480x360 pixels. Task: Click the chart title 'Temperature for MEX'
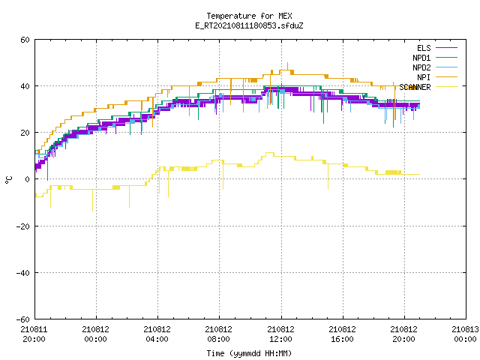(249, 16)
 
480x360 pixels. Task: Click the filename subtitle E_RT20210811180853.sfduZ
(249, 25)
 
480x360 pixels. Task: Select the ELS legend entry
(424, 48)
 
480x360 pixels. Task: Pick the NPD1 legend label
(421, 58)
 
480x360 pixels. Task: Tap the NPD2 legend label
(421, 67)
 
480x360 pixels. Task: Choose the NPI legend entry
(424, 77)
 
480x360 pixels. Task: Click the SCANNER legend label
(415, 87)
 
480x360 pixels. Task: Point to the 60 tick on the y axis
(25, 40)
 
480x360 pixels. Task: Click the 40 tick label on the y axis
(25, 86)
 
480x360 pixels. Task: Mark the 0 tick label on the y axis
(28, 179)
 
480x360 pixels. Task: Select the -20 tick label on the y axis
(23, 226)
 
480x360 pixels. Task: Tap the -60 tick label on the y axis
(23, 319)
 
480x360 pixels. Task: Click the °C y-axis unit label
(8, 180)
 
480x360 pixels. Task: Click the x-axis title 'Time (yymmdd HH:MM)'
(249, 353)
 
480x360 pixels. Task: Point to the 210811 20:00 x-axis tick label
(34, 334)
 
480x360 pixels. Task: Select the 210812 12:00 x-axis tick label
(280, 334)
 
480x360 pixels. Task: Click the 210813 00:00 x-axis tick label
(465, 334)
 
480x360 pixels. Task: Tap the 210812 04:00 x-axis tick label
(157, 334)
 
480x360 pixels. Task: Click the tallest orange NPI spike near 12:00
(287, 66)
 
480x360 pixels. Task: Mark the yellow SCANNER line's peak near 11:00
(270, 153)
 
